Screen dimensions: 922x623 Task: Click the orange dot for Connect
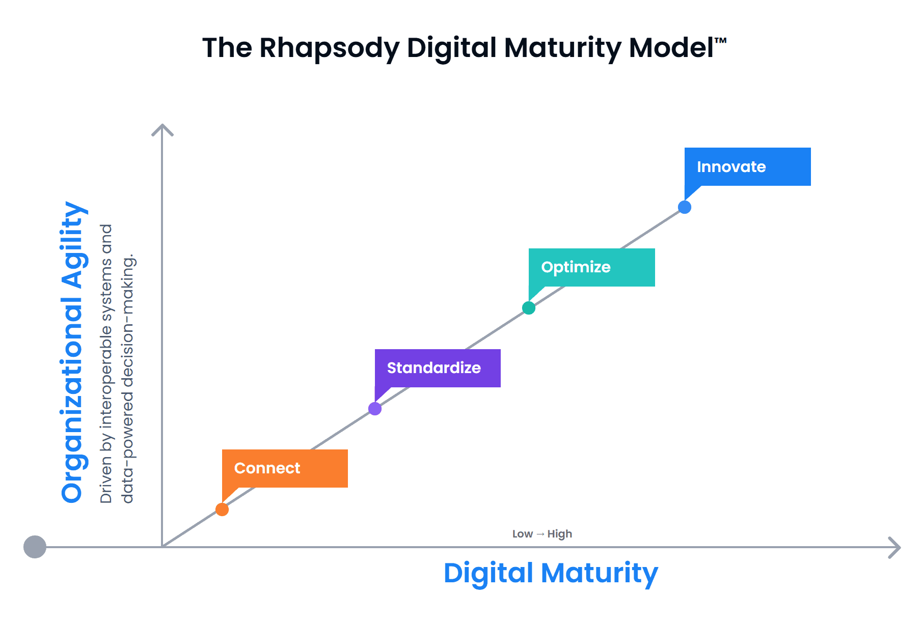pos(222,509)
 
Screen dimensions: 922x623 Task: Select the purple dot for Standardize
pos(375,409)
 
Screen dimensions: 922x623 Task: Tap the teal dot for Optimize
pos(529,308)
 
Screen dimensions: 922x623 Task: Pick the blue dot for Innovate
pos(685,207)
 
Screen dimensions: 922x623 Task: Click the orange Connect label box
pos(285,468)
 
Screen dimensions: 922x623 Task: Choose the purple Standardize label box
pos(438,368)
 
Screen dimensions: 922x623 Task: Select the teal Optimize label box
pos(592,267)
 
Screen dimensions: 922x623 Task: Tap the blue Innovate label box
pos(748,166)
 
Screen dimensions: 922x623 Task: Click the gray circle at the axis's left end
pos(35,547)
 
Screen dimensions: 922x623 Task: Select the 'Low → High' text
pos(542,534)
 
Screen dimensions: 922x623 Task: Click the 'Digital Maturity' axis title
pos(551,573)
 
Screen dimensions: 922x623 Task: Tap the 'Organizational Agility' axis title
pos(72,352)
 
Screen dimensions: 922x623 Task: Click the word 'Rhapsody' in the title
pos(329,48)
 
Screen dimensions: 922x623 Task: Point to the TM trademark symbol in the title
pos(720,40)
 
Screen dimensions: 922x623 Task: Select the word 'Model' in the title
pos(671,47)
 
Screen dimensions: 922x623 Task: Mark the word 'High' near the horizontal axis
pos(560,534)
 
